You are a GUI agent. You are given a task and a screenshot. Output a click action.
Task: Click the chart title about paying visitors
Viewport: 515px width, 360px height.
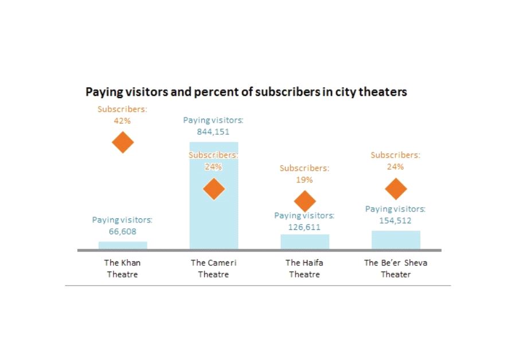tap(246, 92)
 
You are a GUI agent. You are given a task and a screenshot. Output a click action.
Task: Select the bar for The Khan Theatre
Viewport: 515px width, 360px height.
tap(123, 245)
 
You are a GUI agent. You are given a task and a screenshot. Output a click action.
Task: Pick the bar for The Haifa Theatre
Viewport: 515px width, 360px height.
tap(305, 242)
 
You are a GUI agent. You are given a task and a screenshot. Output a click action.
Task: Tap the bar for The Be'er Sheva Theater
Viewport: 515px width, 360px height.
tap(396, 240)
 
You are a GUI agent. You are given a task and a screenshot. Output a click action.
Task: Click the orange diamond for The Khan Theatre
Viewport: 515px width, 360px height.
tap(123, 142)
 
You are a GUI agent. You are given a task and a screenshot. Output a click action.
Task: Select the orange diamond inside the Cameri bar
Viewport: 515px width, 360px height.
tap(214, 189)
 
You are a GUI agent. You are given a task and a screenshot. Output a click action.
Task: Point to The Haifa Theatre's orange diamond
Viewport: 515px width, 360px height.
tap(305, 201)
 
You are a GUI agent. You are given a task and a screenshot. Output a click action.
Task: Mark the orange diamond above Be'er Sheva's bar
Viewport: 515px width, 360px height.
tap(396, 189)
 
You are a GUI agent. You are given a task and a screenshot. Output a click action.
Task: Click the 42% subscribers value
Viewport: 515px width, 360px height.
tap(123, 121)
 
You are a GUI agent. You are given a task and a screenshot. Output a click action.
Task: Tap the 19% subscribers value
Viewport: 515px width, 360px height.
tap(305, 180)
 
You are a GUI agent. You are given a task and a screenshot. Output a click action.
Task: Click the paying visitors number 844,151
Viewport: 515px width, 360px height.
tap(213, 132)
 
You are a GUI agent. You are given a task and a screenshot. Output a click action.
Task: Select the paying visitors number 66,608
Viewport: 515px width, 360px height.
tap(123, 232)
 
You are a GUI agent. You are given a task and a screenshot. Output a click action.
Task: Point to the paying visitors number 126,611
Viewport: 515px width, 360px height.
tap(305, 227)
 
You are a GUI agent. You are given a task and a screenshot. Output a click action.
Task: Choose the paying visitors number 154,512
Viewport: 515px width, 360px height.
tap(396, 221)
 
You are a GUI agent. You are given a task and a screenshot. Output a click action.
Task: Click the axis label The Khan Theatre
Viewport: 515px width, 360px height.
tap(123, 269)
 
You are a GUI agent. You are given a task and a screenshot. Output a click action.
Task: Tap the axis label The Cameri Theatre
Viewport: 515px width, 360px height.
tap(214, 269)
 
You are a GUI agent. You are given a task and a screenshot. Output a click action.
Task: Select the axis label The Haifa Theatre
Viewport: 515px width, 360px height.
tap(305, 269)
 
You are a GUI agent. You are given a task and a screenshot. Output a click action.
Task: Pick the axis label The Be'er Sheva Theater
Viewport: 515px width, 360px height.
tap(396, 269)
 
